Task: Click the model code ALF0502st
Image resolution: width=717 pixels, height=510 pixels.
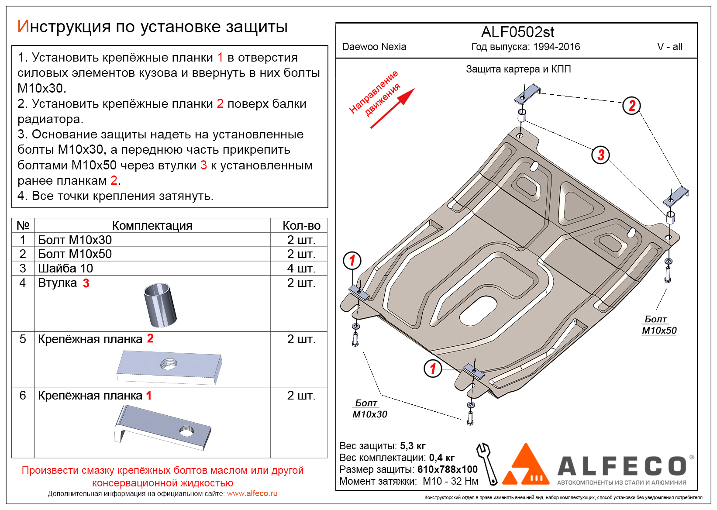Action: pyautogui.click(x=517, y=32)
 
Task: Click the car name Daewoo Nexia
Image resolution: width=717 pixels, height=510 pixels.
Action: pyautogui.click(x=374, y=47)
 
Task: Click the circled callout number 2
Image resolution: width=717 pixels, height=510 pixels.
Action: pyautogui.click(x=631, y=106)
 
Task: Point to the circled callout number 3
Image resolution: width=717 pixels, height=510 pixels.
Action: pyautogui.click(x=600, y=155)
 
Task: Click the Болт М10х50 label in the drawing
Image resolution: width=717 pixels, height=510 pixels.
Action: pyautogui.click(x=659, y=325)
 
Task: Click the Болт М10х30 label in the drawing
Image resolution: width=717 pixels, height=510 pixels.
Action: pyautogui.click(x=369, y=409)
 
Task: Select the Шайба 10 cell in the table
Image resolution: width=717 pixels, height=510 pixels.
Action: pyautogui.click(x=65, y=268)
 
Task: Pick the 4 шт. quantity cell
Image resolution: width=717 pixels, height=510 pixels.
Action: pyautogui.click(x=301, y=268)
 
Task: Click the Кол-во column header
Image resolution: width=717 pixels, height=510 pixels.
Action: pyautogui.click(x=301, y=225)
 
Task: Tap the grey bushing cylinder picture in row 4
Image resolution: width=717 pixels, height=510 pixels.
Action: pyautogui.click(x=160, y=305)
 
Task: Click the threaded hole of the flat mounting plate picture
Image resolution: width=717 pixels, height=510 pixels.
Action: pyautogui.click(x=169, y=363)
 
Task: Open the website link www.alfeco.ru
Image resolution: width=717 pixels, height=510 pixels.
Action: pyautogui.click(x=252, y=493)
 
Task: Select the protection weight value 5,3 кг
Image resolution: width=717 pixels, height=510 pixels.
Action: pyautogui.click(x=413, y=446)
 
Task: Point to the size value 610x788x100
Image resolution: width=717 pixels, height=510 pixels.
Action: pyautogui.click(x=447, y=469)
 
